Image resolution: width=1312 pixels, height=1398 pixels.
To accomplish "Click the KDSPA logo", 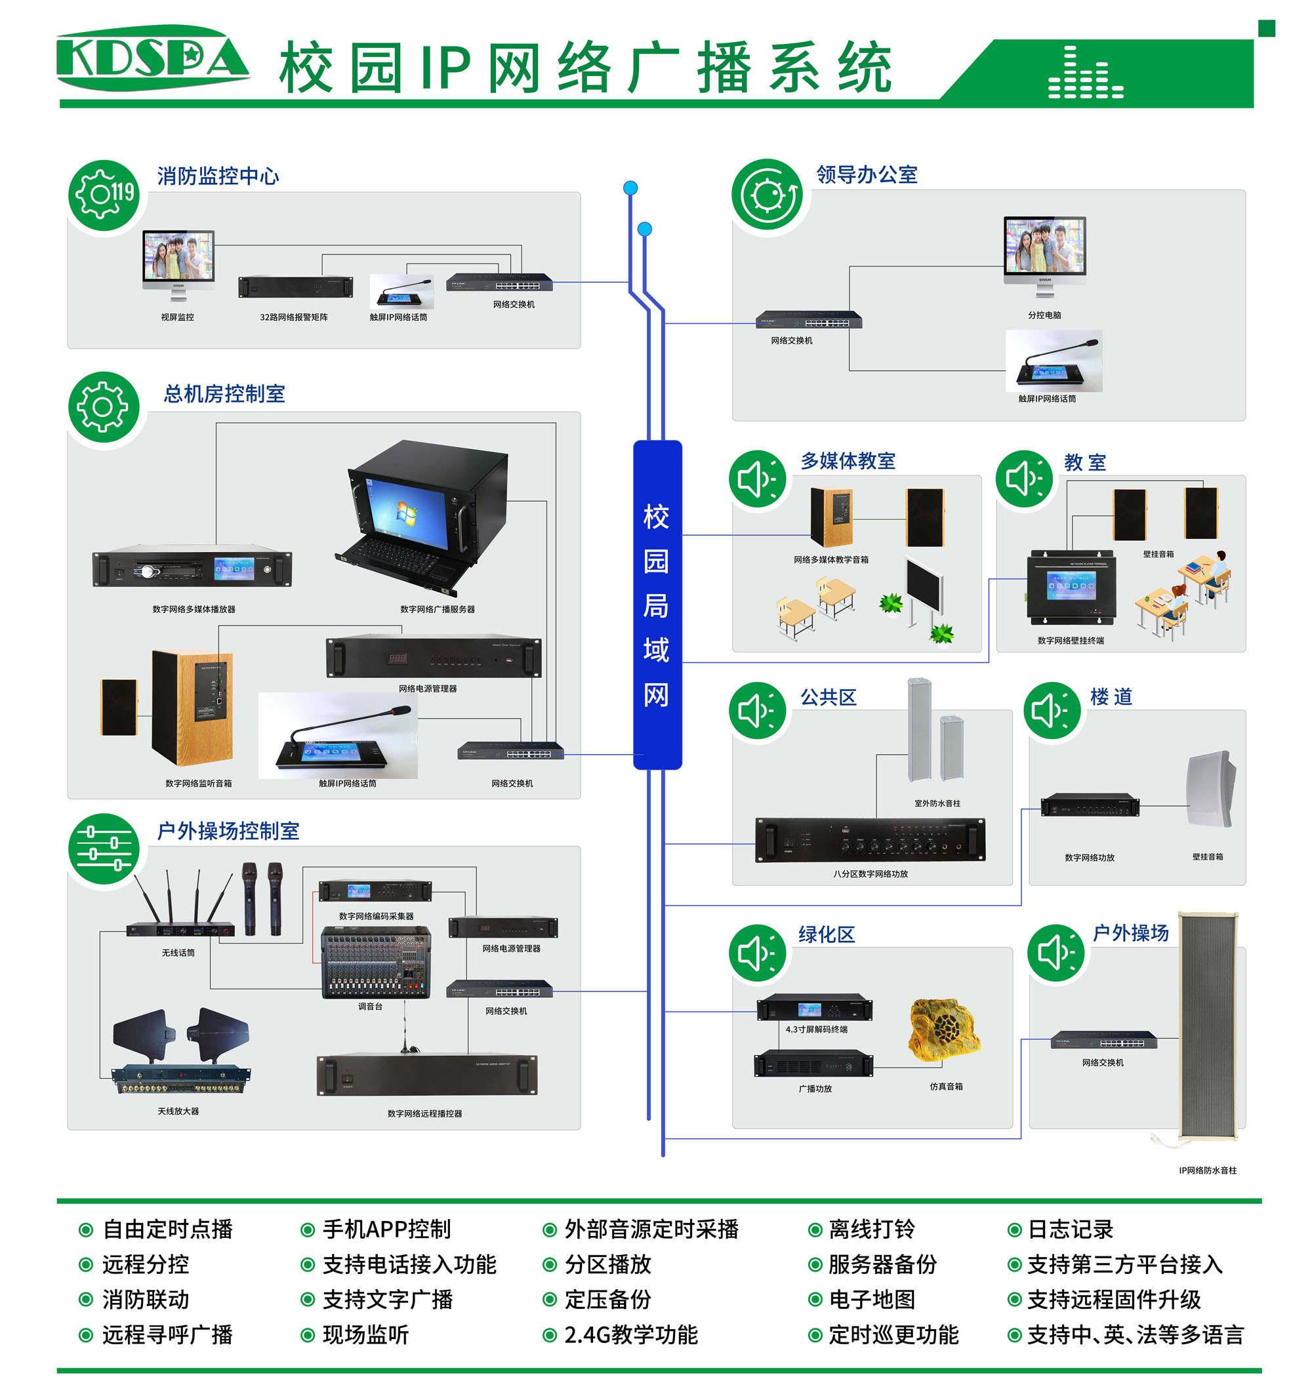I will pos(153,58).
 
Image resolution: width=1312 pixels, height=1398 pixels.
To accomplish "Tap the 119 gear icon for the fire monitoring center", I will pos(104,194).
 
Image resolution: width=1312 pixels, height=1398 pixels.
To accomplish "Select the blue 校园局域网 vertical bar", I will pos(657,605).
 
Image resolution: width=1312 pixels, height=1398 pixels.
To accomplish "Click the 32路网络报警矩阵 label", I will pos(293,317).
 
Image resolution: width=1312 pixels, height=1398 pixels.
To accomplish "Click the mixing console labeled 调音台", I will pos(376,962).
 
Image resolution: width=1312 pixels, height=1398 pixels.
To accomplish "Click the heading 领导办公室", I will pos(866,174).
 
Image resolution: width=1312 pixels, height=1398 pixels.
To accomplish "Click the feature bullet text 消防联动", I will pos(146,1299).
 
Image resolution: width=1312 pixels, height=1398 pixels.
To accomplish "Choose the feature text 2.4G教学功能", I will pos(630,1334).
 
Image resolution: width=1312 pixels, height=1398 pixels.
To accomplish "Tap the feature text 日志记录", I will pos(1070,1229).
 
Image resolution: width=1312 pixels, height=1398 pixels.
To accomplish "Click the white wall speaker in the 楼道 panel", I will pos(1210,789).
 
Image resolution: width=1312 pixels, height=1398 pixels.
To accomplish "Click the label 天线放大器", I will pos(178,1111).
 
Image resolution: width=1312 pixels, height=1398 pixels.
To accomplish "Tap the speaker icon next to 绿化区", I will pos(757,953).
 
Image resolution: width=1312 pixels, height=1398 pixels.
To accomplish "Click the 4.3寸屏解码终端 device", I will pos(814,1009).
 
